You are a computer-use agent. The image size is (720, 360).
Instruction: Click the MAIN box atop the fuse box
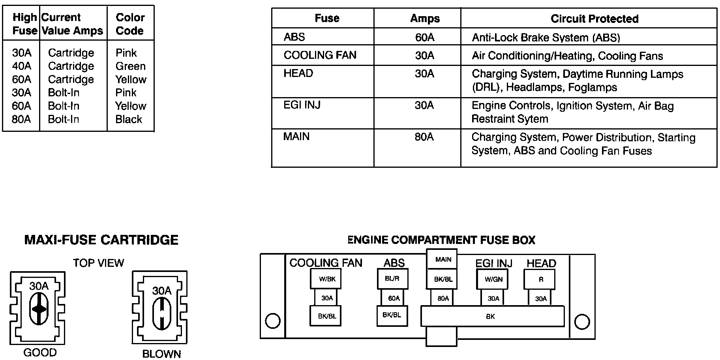[443, 259]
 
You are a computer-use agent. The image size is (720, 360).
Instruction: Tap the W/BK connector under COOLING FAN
[326, 279]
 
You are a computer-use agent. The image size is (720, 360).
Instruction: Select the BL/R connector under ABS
[392, 279]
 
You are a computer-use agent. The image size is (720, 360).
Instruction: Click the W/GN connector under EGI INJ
[493, 279]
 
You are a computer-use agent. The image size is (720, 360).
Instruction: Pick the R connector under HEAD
[540, 279]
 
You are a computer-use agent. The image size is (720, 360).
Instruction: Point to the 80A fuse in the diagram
[443, 298]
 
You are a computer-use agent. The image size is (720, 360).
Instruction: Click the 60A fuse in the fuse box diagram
[394, 298]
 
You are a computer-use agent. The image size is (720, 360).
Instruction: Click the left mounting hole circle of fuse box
[273, 321]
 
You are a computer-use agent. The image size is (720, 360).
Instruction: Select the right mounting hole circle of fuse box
[582, 322]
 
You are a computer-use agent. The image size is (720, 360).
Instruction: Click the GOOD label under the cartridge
[40, 352]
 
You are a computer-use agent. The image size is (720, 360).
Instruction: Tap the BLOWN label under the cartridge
[161, 354]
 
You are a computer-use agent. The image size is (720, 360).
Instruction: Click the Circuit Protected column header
[594, 19]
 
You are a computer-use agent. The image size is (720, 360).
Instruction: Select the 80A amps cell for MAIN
[424, 137]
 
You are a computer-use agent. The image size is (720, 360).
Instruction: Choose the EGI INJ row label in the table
[302, 105]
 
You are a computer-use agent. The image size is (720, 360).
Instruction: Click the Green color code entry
[130, 66]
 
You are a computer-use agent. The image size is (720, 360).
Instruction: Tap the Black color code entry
[129, 119]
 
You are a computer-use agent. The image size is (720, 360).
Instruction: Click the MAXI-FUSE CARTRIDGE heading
[101, 240]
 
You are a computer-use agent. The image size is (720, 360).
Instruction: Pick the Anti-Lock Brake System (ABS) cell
[546, 37]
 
